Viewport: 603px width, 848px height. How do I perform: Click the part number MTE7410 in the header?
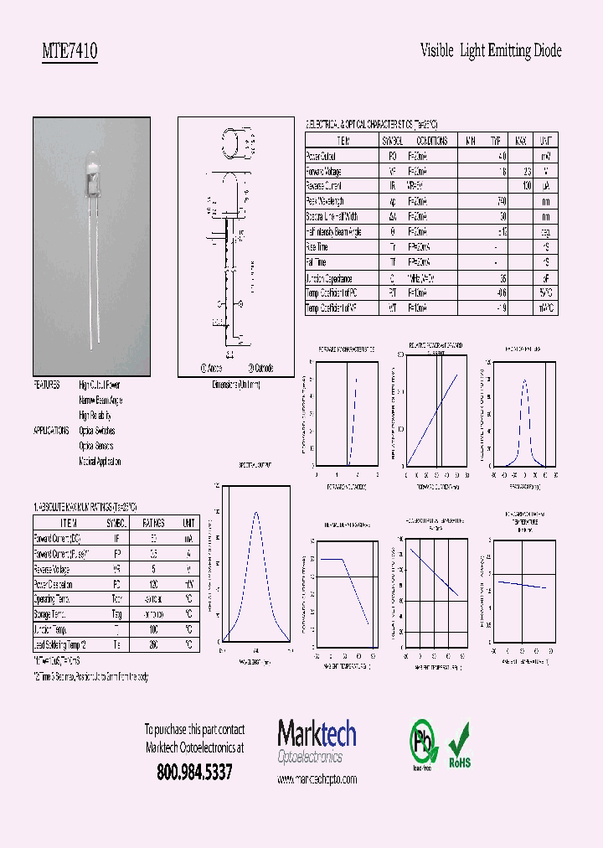[70, 51]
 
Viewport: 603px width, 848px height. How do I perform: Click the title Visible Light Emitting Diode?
[490, 51]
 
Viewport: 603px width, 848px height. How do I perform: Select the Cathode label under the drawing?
[260, 368]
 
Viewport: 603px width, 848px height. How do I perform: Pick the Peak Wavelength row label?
[325, 202]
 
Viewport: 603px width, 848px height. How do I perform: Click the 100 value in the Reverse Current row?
[527, 186]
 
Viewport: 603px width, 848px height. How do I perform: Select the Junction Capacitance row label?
[329, 278]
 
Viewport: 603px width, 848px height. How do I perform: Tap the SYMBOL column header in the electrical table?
[392, 141]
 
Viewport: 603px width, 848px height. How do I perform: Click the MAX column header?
[520, 141]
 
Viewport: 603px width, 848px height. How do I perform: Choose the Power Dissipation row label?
[53, 585]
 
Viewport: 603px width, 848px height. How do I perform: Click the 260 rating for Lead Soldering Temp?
[153, 645]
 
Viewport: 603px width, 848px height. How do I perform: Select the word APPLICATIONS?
[51, 431]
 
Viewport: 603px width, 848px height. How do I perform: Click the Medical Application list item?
[100, 462]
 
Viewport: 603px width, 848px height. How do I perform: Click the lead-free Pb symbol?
[422, 742]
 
